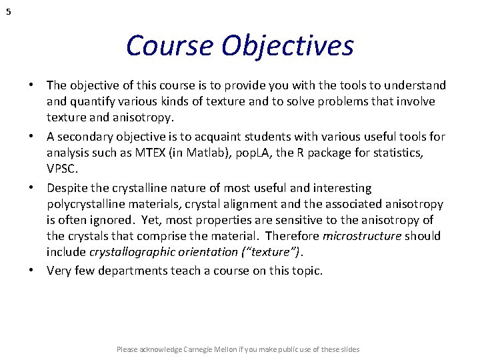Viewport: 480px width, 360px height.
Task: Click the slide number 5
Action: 8,11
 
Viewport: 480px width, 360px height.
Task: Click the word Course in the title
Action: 169,46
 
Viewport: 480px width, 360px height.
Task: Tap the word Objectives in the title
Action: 288,46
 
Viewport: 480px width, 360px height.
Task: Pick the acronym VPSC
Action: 61,169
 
